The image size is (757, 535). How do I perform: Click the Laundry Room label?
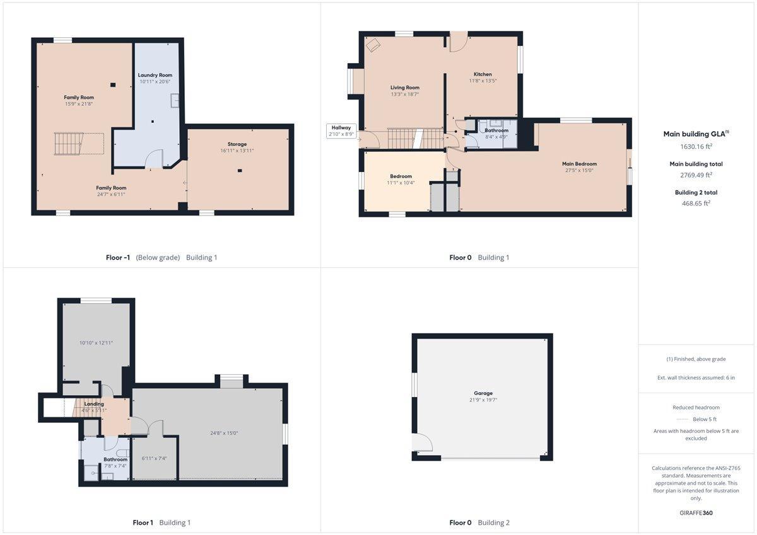(x=155, y=75)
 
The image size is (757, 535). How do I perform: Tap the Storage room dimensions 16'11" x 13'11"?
(x=237, y=151)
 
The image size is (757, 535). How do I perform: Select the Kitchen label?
(x=483, y=74)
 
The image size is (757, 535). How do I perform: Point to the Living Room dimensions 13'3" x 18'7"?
(x=404, y=94)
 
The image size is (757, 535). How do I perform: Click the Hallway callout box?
(x=341, y=131)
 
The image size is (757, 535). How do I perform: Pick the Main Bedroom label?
(x=579, y=164)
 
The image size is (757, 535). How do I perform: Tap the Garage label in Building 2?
(x=483, y=393)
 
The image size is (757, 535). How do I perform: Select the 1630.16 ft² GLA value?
(x=696, y=146)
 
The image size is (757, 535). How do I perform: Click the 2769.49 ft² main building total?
(x=696, y=175)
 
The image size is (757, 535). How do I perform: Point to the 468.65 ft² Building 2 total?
(x=696, y=203)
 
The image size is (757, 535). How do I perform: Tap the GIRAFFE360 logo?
(x=696, y=513)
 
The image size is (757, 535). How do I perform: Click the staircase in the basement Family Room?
(x=69, y=144)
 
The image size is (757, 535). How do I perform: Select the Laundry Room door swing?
(x=154, y=159)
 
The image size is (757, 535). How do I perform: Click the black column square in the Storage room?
(x=240, y=171)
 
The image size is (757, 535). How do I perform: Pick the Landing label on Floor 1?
(x=94, y=404)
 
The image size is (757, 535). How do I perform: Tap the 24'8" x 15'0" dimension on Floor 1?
(x=224, y=433)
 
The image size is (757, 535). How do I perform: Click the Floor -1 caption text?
(x=118, y=258)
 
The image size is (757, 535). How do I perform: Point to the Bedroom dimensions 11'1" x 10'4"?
(x=401, y=183)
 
